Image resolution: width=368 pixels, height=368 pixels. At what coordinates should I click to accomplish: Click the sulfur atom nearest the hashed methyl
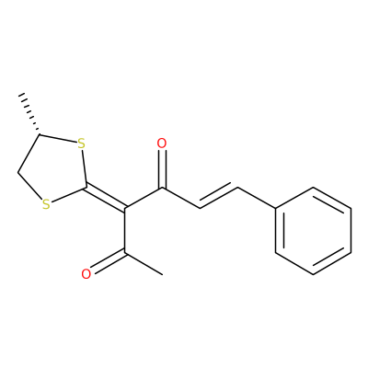click(81, 144)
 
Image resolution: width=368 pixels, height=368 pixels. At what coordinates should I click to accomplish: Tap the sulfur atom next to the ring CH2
click(46, 204)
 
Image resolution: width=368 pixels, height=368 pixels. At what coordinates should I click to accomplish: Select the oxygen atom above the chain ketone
click(162, 144)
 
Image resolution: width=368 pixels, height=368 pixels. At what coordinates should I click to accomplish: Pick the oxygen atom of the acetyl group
click(86, 274)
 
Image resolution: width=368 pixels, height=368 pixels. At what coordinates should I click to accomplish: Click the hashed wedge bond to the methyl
click(30, 113)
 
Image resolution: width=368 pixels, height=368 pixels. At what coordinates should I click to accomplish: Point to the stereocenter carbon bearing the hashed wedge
click(40, 134)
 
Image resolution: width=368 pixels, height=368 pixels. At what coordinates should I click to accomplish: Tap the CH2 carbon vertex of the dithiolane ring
click(17, 172)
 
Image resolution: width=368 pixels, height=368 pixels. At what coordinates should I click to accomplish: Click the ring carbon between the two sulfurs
click(86, 187)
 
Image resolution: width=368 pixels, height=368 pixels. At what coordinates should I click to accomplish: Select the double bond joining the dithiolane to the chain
click(106, 198)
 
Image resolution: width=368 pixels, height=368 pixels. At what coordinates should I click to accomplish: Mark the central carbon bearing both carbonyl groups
click(125, 209)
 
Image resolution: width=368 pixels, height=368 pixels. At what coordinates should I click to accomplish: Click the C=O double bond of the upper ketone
click(162, 168)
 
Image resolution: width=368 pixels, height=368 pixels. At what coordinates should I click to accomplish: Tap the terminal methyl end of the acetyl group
click(162, 274)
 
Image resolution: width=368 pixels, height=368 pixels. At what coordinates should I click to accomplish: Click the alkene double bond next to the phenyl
click(219, 196)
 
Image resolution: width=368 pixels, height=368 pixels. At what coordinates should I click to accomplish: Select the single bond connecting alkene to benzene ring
click(257, 199)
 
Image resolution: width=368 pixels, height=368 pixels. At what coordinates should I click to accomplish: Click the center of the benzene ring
click(313, 231)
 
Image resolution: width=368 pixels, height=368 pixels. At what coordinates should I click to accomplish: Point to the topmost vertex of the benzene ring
click(313, 188)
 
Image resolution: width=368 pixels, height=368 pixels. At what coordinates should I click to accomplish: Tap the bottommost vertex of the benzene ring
click(313, 274)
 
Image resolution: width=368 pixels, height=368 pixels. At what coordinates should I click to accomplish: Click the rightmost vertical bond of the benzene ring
click(351, 231)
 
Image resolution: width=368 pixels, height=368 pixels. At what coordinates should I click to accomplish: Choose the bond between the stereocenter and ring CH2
click(29, 154)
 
